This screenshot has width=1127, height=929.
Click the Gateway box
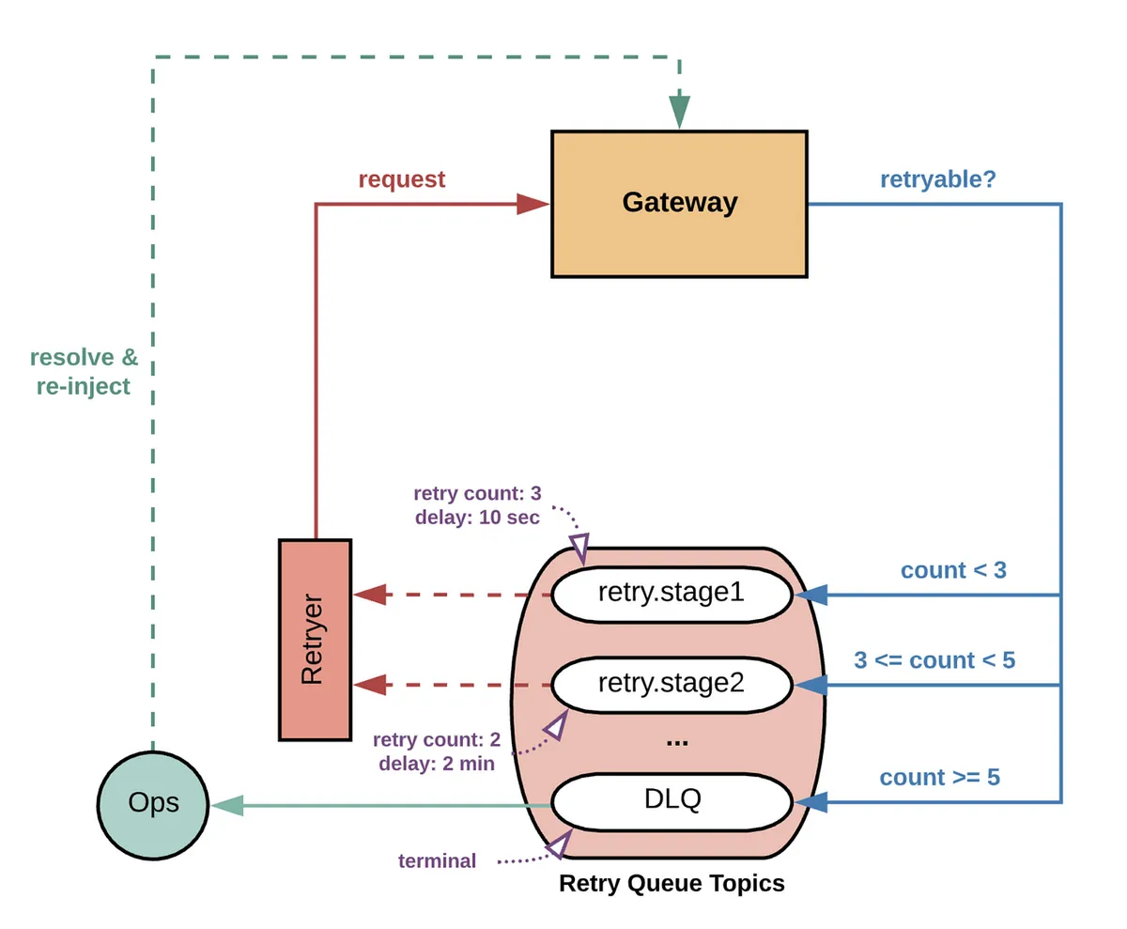(679, 204)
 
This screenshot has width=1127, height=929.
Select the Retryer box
(315, 639)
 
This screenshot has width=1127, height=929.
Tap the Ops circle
(152, 805)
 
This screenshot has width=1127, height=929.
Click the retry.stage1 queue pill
(672, 595)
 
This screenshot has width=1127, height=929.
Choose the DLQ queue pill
(672, 801)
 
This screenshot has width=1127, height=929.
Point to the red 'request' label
(402, 179)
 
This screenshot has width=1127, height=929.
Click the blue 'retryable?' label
(937, 179)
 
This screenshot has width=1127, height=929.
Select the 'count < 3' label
(953, 570)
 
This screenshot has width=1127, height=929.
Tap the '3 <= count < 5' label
(934, 659)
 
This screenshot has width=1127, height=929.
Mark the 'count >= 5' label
(939, 777)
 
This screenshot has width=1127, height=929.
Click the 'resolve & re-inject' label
(84, 372)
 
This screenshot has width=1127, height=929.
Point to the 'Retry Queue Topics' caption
(672, 883)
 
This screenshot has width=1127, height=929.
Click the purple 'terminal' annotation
(437, 860)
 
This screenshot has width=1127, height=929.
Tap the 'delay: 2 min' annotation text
(437, 764)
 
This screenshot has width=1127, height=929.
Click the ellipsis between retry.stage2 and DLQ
(676, 742)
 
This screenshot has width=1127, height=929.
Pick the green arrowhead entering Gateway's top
(679, 114)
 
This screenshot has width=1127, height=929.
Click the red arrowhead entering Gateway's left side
(533, 204)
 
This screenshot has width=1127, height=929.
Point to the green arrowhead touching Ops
(226, 805)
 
